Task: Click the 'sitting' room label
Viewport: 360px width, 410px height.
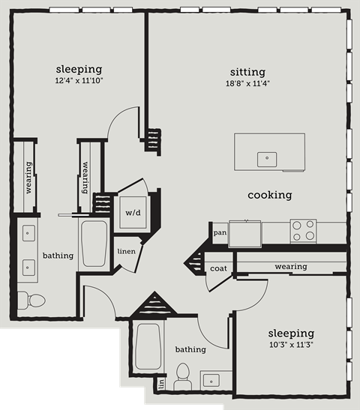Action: point(248,72)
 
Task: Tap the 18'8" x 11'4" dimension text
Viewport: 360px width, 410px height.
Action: point(248,83)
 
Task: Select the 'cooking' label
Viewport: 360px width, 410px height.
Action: point(270,195)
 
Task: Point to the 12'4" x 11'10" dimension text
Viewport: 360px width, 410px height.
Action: point(79,80)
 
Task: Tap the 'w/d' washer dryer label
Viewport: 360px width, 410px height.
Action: point(132,212)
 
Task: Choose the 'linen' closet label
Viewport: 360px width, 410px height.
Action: point(126,251)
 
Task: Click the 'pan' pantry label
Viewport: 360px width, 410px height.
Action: point(220,233)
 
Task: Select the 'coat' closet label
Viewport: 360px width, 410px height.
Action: point(218,268)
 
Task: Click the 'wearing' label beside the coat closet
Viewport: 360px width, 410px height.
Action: point(290,266)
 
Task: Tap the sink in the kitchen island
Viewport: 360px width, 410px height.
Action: point(266,158)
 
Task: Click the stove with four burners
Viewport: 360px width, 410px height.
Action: point(303,230)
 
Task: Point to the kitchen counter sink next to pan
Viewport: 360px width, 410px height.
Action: point(245,232)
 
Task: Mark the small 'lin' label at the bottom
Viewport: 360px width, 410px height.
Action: point(161,384)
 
